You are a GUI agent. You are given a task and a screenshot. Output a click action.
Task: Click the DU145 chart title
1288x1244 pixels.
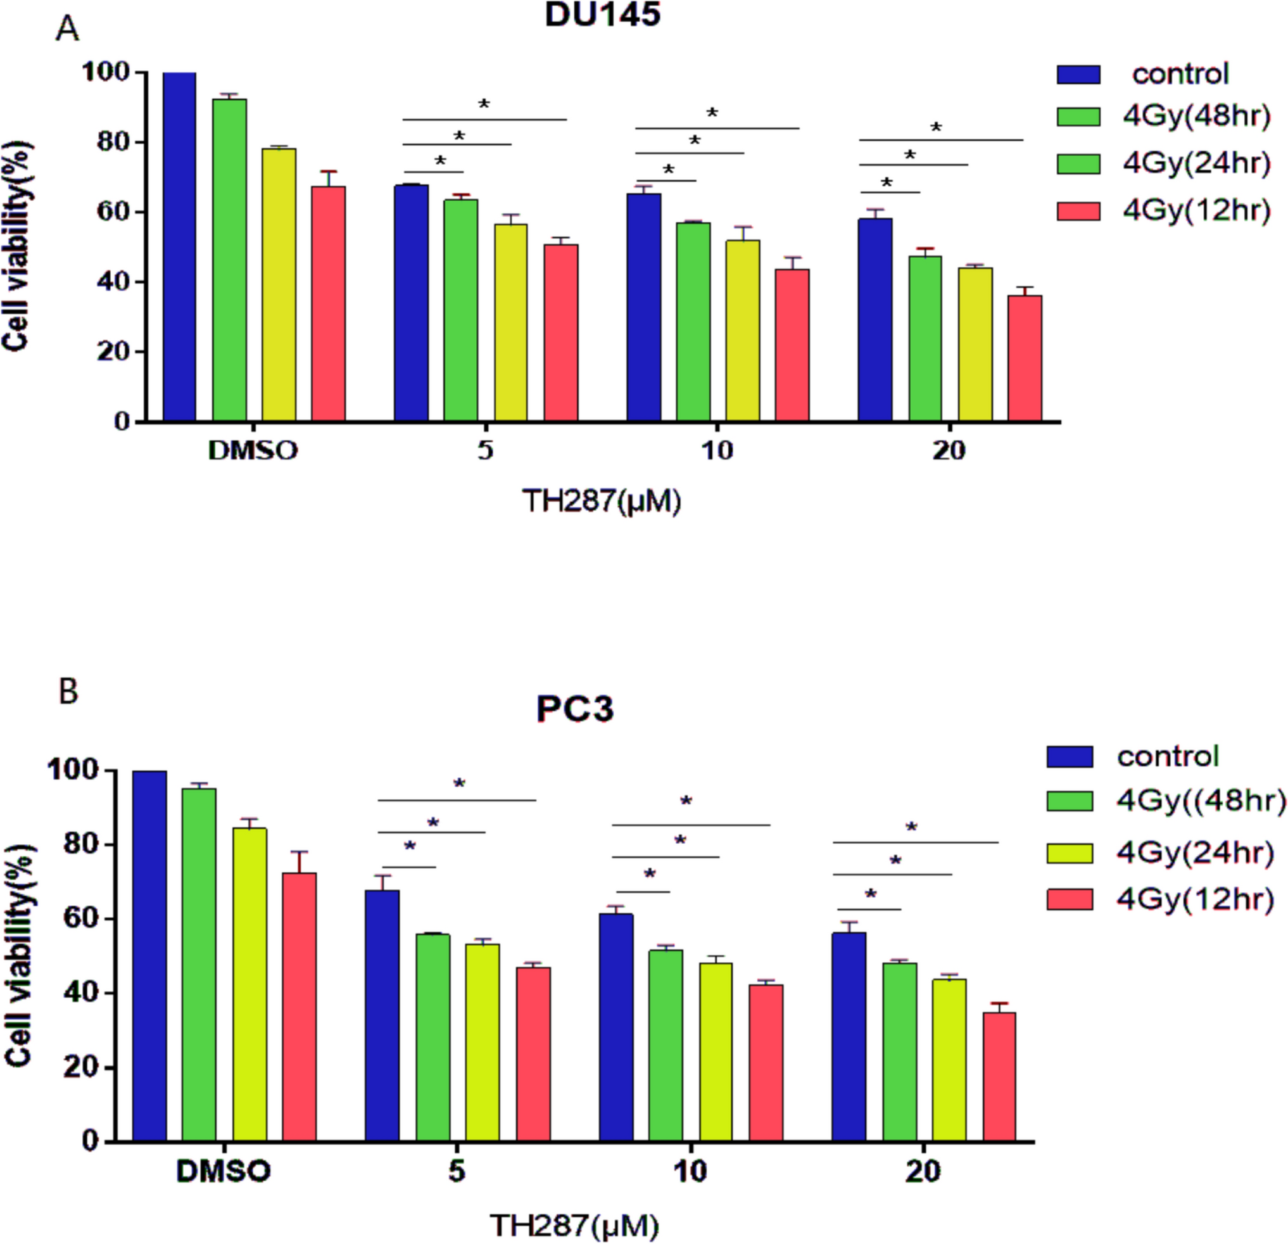[x=602, y=15]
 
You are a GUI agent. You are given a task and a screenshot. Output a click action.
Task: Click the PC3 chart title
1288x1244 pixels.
[x=574, y=709]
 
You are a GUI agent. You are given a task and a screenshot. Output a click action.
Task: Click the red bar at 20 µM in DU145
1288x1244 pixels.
[x=1025, y=358]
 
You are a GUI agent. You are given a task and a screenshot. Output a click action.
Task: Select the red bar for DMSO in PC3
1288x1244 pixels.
[x=299, y=1006]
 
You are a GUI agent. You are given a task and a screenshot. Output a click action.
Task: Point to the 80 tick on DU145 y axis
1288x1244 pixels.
[x=113, y=143]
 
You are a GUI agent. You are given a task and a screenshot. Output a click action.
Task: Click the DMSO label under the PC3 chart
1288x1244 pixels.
[x=224, y=1171]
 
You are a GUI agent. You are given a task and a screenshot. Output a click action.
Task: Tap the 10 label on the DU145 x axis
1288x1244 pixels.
[x=717, y=450]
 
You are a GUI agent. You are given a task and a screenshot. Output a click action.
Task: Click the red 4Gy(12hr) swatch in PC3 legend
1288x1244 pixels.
[x=1070, y=899]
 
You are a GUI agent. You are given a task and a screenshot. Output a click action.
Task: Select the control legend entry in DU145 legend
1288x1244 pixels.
[x=1180, y=73]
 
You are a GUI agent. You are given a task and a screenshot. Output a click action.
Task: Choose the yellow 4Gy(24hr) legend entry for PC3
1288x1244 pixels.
[x=1195, y=853]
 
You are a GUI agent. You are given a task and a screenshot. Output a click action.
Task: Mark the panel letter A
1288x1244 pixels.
[x=67, y=30]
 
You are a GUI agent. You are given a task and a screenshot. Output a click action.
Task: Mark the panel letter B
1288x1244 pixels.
[x=68, y=692]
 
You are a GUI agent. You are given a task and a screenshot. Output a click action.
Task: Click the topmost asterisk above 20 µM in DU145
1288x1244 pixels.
[x=936, y=127]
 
